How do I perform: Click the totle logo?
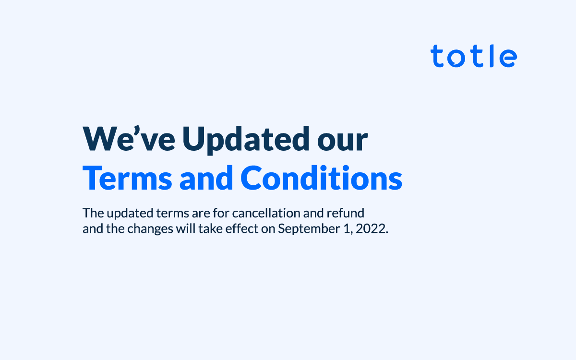point(474,56)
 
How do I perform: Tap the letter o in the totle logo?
point(456,58)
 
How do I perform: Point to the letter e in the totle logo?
point(508,58)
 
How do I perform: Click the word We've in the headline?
point(129,138)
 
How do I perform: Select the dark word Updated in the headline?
point(246,140)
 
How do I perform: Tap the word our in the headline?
point(343,142)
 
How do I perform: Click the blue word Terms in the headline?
point(127,178)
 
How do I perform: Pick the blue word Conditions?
point(322,178)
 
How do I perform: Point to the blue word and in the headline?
point(206,178)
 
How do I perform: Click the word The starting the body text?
point(93,213)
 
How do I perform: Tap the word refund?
point(345,213)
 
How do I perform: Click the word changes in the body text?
point(150,229)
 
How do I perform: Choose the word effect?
point(242,228)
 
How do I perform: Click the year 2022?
point(372,228)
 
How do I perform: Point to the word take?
point(210,228)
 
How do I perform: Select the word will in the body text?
point(186,228)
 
